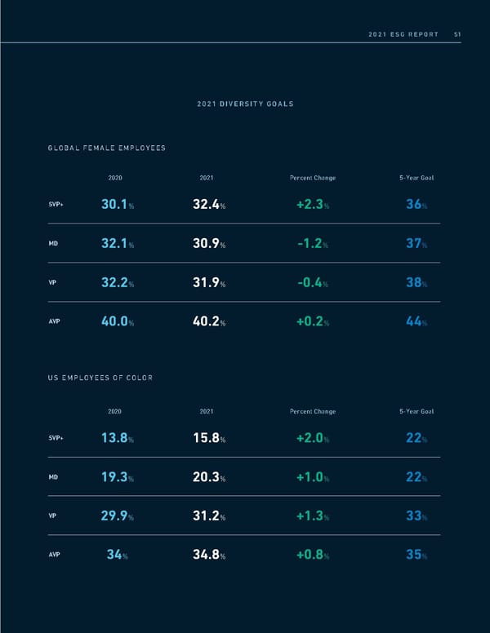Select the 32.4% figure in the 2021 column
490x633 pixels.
click(x=208, y=205)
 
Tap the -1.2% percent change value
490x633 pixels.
click(x=312, y=243)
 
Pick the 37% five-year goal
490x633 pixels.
click(x=416, y=243)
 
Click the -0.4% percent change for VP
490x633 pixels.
click(x=312, y=282)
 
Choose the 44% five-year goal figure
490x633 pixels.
click(x=416, y=321)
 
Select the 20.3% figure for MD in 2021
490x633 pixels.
click(x=208, y=477)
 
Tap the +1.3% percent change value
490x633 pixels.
click(x=312, y=516)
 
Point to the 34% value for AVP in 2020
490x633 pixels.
click(x=117, y=556)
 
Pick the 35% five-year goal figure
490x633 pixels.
click(x=416, y=556)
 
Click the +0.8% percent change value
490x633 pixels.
click(x=312, y=556)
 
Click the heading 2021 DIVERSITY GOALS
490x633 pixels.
click(x=245, y=104)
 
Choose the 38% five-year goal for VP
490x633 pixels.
click(x=416, y=282)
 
